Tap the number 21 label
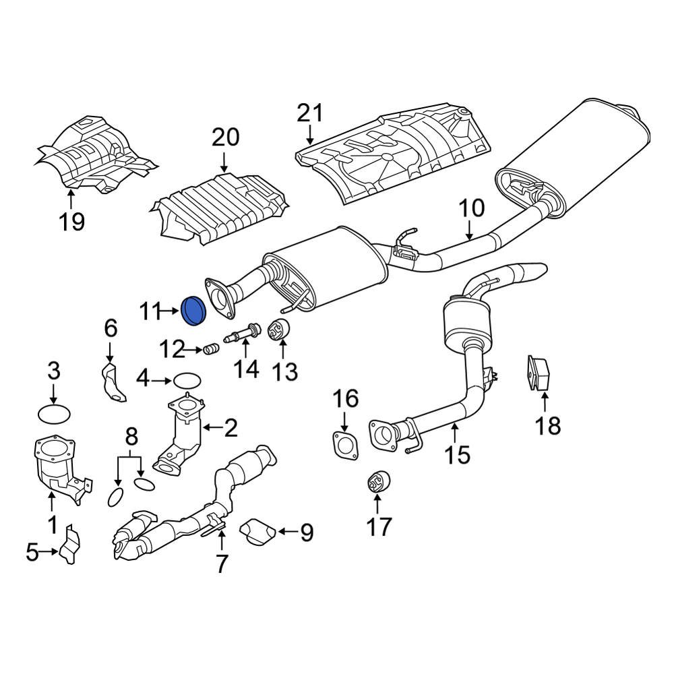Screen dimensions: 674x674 [310, 113]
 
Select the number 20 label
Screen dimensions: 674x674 [225, 137]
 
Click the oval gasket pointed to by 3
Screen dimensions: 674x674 [54, 412]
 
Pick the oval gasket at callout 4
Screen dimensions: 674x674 [187, 381]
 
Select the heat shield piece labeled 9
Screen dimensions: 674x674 [257, 531]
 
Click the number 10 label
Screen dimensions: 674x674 [472, 208]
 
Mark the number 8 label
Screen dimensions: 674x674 [131, 437]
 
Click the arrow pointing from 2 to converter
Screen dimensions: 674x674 [214, 427]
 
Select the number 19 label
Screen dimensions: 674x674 [71, 221]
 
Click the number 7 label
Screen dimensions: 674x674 [222, 563]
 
